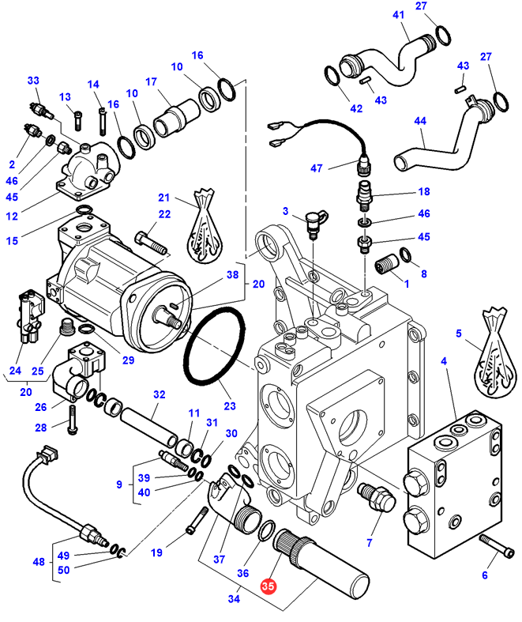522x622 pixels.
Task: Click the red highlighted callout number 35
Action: (x=269, y=587)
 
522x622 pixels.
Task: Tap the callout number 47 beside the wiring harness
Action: (x=317, y=168)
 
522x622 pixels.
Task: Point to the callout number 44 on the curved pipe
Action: (x=419, y=120)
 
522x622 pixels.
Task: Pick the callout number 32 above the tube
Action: (x=159, y=394)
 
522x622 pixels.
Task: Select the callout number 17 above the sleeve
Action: (x=151, y=81)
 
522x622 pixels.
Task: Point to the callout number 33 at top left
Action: (x=33, y=81)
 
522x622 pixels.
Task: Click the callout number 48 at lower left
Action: (x=37, y=563)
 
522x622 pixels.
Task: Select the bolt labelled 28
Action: (x=72, y=417)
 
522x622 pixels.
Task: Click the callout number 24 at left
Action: (x=15, y=371)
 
